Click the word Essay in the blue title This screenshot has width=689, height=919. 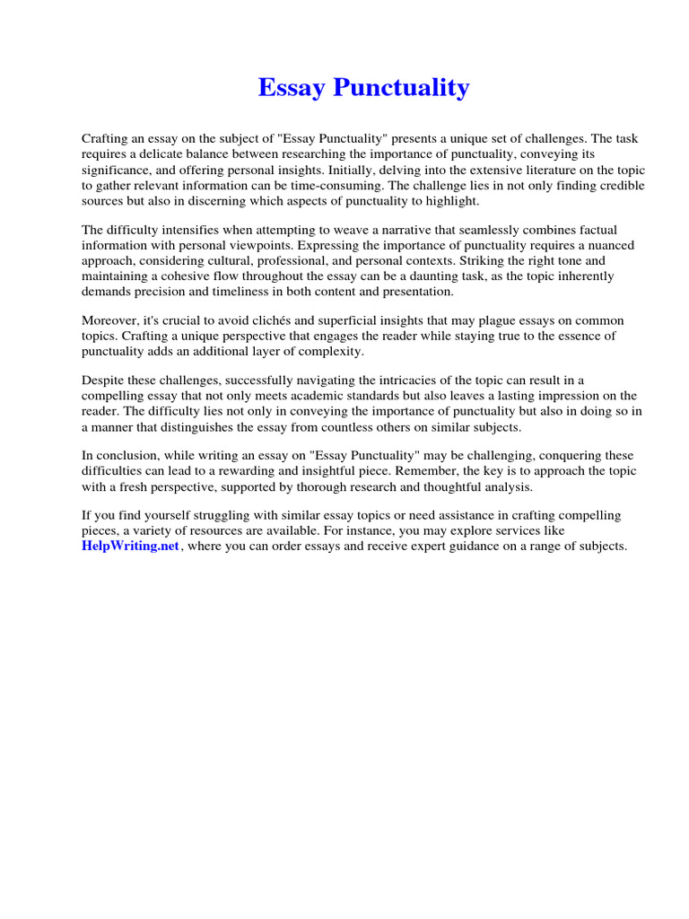[292, 88]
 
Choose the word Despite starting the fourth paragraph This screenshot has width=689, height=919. [103, 381]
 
